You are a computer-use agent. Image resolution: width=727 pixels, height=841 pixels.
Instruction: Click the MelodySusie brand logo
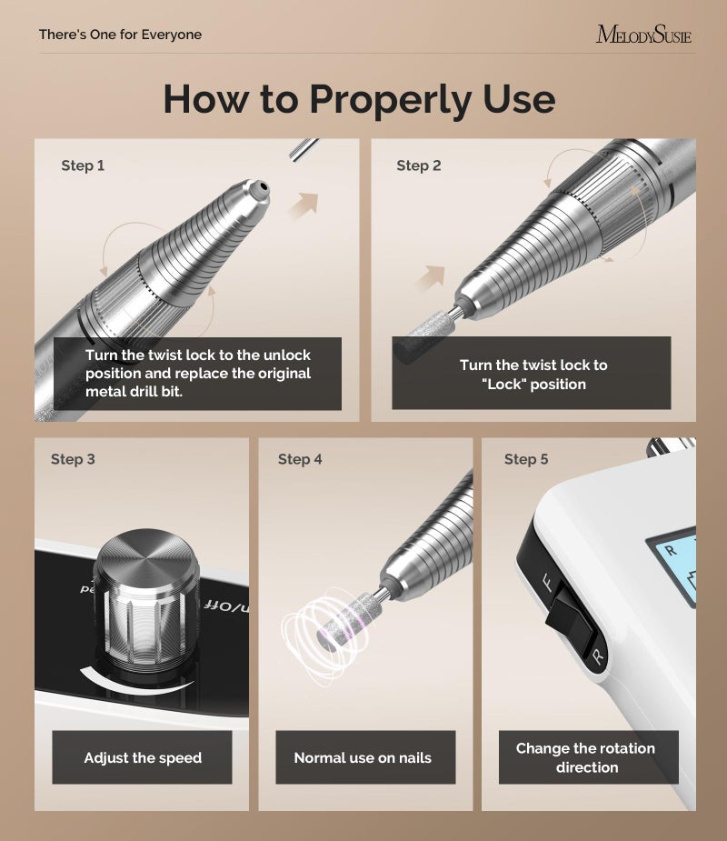643,35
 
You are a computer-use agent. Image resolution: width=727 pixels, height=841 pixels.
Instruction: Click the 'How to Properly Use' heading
359,98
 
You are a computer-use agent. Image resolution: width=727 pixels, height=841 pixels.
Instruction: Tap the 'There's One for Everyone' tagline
120,35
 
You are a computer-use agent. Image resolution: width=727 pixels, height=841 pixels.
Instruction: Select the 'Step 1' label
83,165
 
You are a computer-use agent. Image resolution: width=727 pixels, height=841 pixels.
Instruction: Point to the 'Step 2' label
419,165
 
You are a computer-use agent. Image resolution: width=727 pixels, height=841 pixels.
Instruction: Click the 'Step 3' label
73,459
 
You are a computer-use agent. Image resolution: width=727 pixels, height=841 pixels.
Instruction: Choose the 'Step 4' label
300,459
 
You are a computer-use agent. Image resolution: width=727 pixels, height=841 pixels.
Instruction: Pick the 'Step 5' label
526,459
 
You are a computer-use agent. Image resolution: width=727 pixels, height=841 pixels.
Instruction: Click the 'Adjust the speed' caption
143,757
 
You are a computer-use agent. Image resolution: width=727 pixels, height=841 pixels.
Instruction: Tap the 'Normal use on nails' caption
363,757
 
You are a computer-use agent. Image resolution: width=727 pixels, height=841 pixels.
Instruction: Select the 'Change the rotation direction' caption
585,757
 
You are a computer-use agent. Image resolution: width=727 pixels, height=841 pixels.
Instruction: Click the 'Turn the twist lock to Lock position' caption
533,374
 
